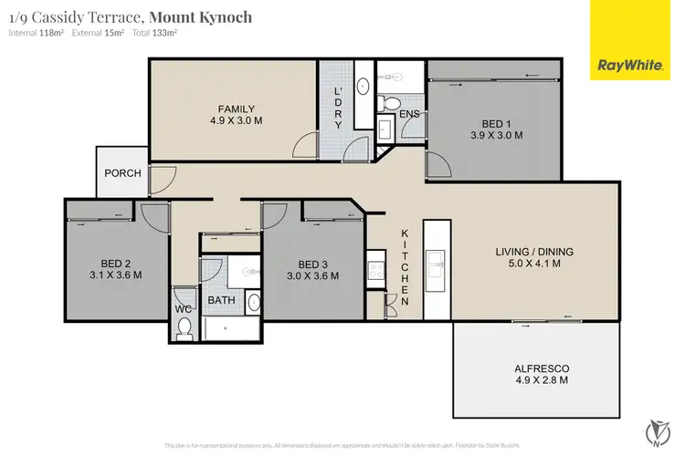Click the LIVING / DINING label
point(527,252)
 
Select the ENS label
point(408,114)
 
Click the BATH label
point(222,300)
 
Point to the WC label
point(183,309)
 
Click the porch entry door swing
point(161,180)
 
